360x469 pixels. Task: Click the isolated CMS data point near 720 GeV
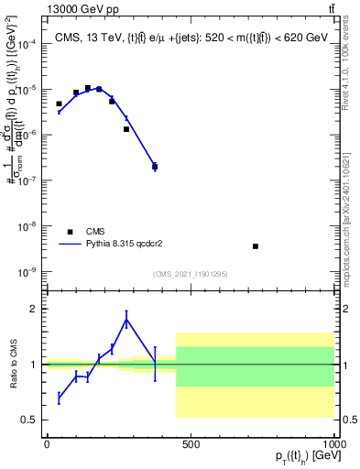(x=256, y=245)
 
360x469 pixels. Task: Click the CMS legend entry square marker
(x=69, y=232)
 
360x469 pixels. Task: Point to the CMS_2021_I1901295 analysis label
(x=191, y=273)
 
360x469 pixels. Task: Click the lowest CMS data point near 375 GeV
(x=155, y=167)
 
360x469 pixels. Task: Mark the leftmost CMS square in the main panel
(x=59, y=104)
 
